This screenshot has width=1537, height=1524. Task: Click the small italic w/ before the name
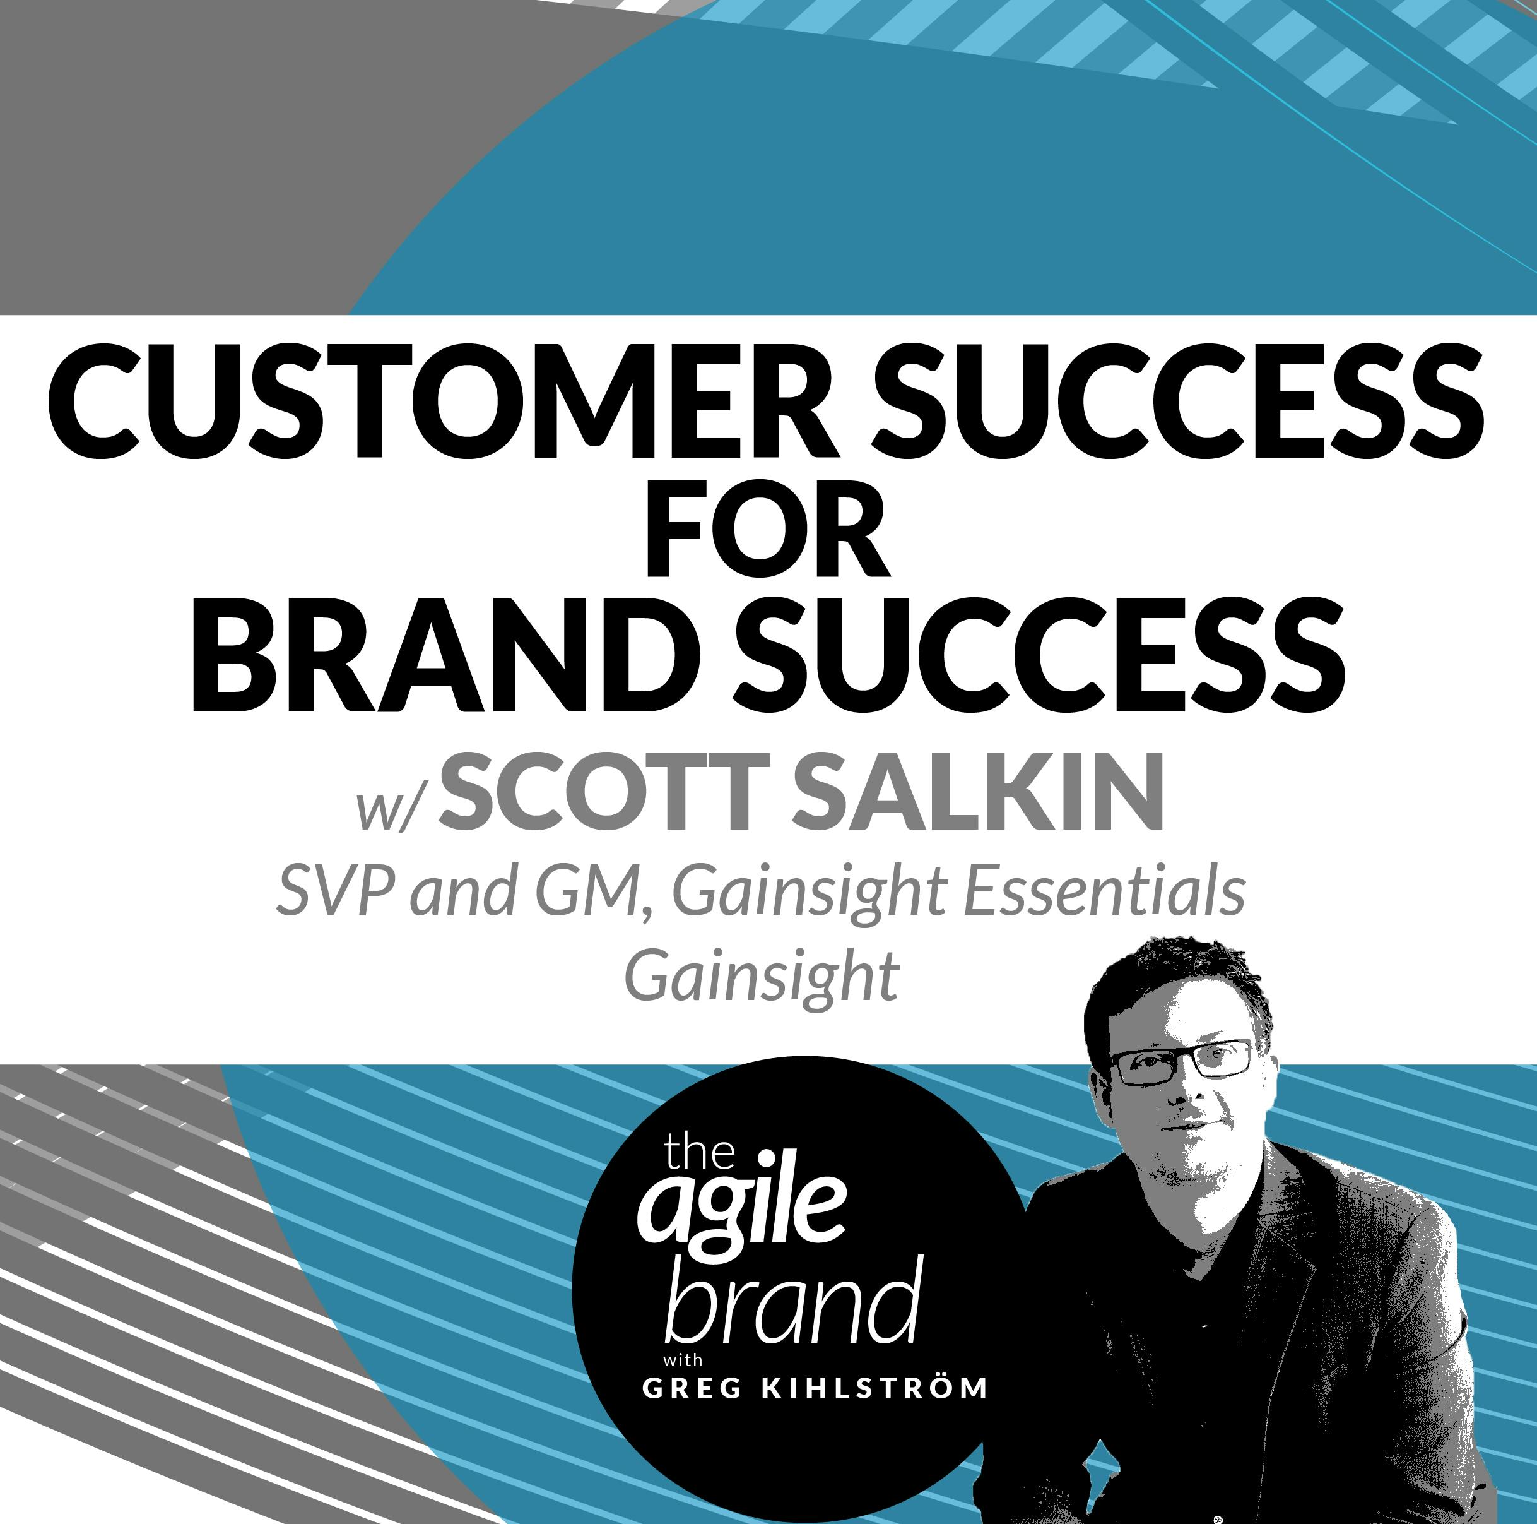click(387, 807)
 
